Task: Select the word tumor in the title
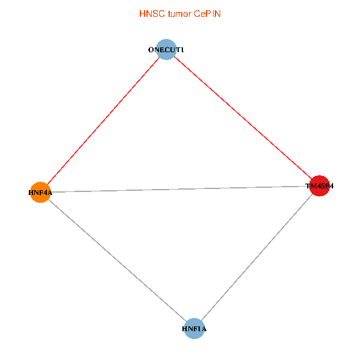(178, 13)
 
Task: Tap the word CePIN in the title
(207, 13)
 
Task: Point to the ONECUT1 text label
(166, 50)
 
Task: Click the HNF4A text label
(40, 193)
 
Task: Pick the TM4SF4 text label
(319, 186)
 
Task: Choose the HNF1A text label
(194, 329)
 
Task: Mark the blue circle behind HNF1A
(194, 335)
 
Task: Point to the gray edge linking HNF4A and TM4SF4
(180, 189)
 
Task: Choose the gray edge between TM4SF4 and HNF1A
(257, 257)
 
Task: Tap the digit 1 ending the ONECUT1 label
(182, 50)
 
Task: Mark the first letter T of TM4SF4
(308, 186)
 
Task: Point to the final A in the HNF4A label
(50, 193)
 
